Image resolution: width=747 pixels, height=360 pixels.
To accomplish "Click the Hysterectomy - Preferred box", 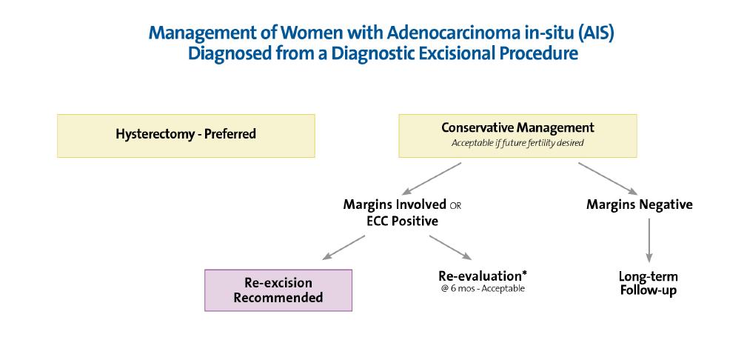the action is (x=186, y=136).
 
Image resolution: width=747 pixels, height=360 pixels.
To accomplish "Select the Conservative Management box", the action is (x=517, y=136).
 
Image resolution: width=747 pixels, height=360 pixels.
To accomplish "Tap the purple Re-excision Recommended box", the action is (x=278, y=290).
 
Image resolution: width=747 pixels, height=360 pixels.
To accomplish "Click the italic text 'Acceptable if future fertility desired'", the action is (x=517, y=143).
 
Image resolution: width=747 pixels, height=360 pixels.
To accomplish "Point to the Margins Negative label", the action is (x=640, y=204).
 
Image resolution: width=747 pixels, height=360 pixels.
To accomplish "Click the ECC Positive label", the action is (x=403, y=221).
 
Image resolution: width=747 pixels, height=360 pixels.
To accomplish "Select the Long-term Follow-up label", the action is (x=648, y=284).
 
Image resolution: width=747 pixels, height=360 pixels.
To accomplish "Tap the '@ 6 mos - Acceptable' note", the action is (x=483, y=288).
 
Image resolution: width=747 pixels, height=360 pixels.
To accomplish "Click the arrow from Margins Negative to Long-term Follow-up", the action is (x=649, y=240).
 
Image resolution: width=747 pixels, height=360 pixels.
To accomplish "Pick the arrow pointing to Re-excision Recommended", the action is (x=344, y=247).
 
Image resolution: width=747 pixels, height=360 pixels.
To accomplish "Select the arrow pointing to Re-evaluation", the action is (x=450, y=247).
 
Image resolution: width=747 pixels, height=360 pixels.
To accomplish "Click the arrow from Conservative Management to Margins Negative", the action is (x=608, y=179).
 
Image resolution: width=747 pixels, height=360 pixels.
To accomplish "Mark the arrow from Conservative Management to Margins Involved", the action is (x=432, y=179).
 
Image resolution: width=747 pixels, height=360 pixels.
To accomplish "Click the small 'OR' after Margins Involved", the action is (x=455, y=206).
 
